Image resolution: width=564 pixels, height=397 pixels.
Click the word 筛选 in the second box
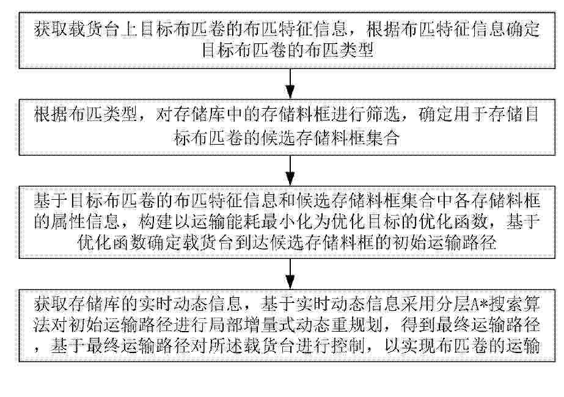click(x=383, y=115)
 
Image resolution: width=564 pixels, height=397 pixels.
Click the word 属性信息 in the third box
click(x=86, y=222)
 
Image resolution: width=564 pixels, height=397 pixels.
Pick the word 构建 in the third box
click(x=155, y=222)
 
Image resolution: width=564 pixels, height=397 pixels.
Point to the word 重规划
click(x=356, y=325)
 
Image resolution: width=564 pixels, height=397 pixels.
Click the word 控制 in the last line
click(x=347, y=346)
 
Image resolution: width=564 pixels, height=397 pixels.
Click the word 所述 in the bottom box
click(x=225, y=346)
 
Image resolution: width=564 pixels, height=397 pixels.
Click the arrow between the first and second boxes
click(x=290, y=84)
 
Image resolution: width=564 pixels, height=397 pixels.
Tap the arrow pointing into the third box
click(x=290, y=170)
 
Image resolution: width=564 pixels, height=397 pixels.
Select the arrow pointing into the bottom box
click(x=290, y=274)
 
